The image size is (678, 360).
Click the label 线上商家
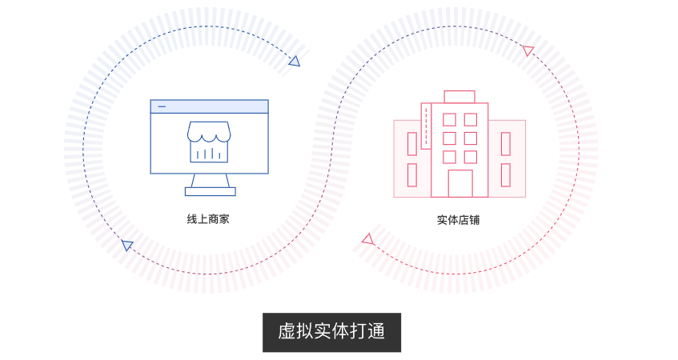(208, 219)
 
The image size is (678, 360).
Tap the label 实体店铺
(459, 220)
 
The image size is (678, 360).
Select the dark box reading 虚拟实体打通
(331, 332)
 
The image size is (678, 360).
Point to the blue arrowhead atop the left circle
(295, 62)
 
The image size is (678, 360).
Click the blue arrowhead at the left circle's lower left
(126, 245)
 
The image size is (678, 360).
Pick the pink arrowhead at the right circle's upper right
(528, 50)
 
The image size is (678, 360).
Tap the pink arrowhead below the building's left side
(368, 239)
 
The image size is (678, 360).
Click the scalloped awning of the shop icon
(209, 132)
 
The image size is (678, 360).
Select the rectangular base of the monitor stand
(211, 191)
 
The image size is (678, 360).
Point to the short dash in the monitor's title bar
(162, 106)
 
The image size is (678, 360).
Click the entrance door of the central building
(460, 183)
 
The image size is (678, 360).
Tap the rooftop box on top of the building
(459, 97)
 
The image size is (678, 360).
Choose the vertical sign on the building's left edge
(426, 126)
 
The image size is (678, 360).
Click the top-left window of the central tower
(449, 120)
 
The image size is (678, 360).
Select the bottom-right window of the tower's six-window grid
(471, 157)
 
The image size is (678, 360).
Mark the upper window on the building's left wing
(412, 144)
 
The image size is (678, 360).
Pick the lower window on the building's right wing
(505, 175)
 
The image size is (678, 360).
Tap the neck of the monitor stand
(211, 181)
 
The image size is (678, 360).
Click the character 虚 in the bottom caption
(287, 332)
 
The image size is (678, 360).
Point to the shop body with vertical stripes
(209, 151)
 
